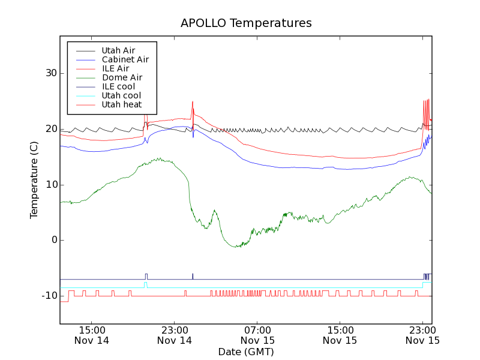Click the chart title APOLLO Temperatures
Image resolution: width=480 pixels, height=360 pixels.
tap(246, 23)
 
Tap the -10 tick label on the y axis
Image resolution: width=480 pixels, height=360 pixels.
tap(48, 296)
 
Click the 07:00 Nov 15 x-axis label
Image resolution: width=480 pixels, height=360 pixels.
tap(257, 335)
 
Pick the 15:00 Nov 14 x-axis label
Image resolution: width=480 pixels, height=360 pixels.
tap(92, 335)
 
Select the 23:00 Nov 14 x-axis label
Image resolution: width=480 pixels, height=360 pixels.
tap(175, 335)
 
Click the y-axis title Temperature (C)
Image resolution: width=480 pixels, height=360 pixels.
tap(34, 180)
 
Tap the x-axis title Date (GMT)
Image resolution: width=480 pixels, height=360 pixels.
tap(246, 352)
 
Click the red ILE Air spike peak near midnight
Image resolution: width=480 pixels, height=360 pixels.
tap(193, 102)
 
